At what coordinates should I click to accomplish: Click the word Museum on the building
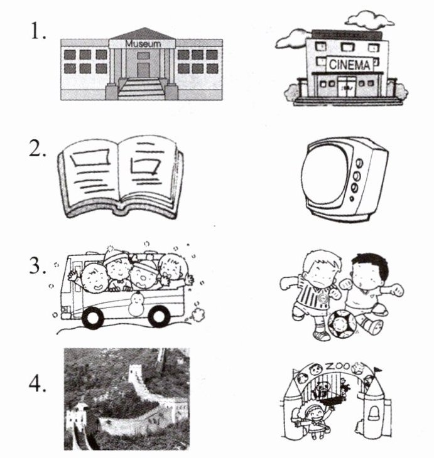143,43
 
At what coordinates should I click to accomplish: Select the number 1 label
38,32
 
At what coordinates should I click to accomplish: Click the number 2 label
38,152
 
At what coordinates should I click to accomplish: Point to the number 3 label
38,267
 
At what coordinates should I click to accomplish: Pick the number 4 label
38,385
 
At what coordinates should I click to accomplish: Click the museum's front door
143,69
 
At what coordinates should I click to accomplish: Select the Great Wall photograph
126,398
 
